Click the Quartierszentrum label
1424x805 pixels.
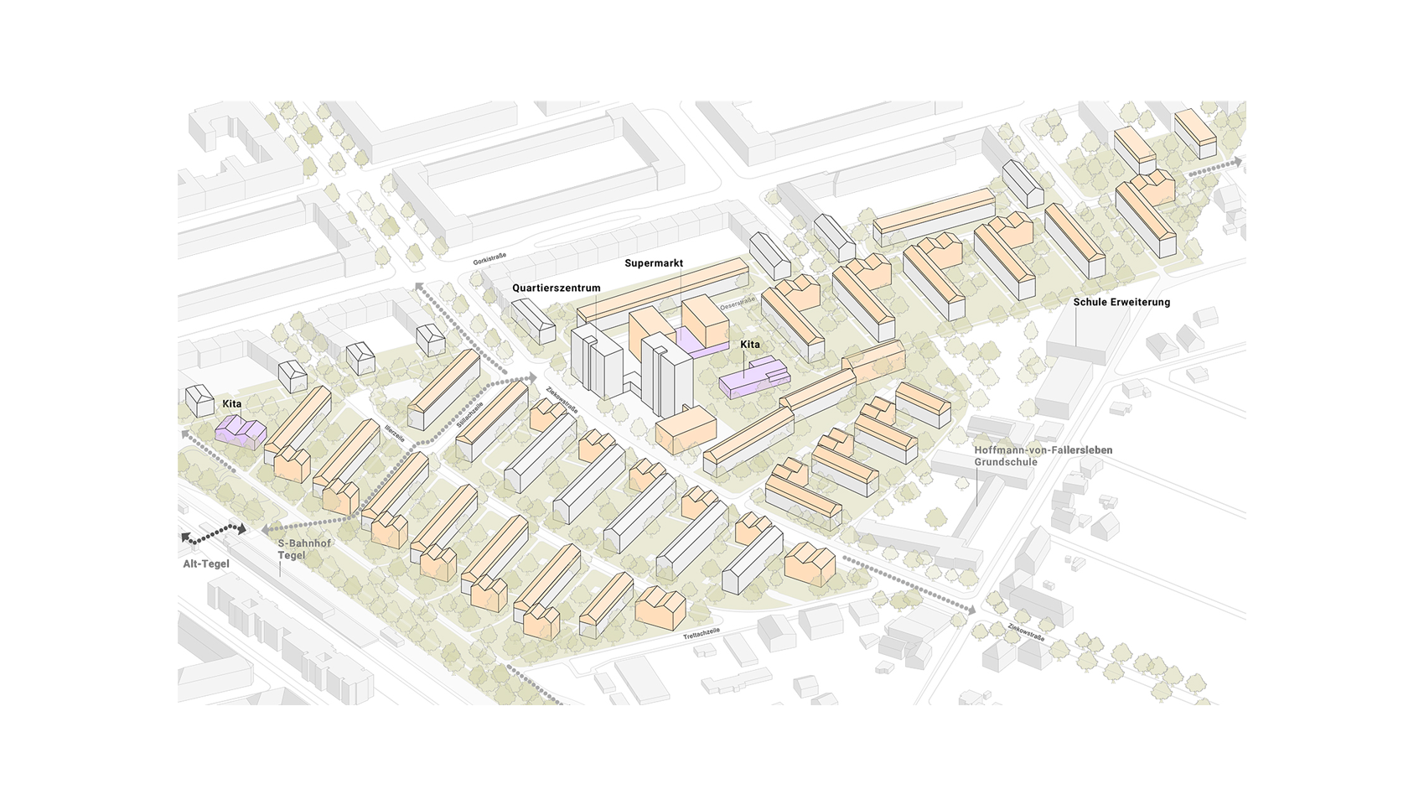(x=556, y=288)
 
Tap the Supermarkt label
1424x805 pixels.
(x=654, y=263)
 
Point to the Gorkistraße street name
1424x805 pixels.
(x=489, y=257)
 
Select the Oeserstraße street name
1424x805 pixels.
(x=738, y=302)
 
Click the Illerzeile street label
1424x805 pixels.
(x=395, y=433)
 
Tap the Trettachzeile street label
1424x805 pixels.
(x=702, y=634)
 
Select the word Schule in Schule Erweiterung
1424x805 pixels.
(x=1089, y=302)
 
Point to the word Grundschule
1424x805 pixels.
(x=1005, y=462)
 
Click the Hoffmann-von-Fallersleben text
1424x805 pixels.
(x=1043, y=450)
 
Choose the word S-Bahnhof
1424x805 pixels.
(x=304, y=543)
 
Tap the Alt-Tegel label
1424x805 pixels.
(x=206, y=563)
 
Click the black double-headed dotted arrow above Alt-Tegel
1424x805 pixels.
(x=214, y=532)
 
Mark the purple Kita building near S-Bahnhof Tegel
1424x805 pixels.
(x=241, y=431)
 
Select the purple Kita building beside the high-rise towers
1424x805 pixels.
(x=754, y=377)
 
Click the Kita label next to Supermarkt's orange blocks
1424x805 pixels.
(x=750, y=345)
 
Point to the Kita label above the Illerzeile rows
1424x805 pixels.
(x=231, y=404)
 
